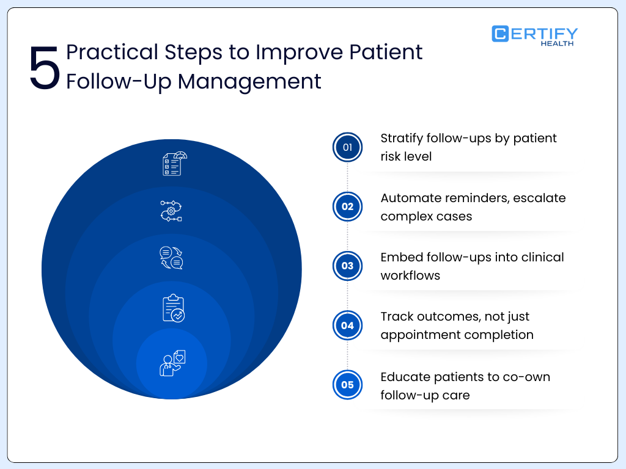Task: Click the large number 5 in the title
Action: pos(45,68)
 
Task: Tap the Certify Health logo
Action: pos(534,35)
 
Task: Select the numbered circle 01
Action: pos(347,147)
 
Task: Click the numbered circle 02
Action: pos(347,206)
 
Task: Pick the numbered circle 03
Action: pos(347,266)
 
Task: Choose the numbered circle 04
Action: pos(347,325)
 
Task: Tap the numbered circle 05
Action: pos(347,385)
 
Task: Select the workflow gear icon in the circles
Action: pos(171,211)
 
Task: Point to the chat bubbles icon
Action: pos(171,258)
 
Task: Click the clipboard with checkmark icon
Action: pos(173,308)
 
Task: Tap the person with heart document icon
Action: pos(172,363)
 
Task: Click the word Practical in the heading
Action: pos(111,52)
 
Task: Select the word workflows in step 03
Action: pos(410,275)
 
